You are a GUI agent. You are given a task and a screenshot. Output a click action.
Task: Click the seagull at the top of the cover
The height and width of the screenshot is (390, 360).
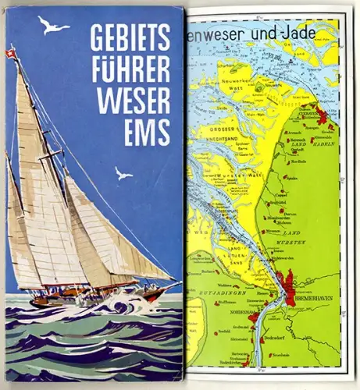click(x=54, y=26)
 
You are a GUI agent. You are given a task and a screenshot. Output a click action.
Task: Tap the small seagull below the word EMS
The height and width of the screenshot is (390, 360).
click(x=123, y=173)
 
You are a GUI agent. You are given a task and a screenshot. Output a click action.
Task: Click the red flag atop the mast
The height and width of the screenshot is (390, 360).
click(x=10, y=54)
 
